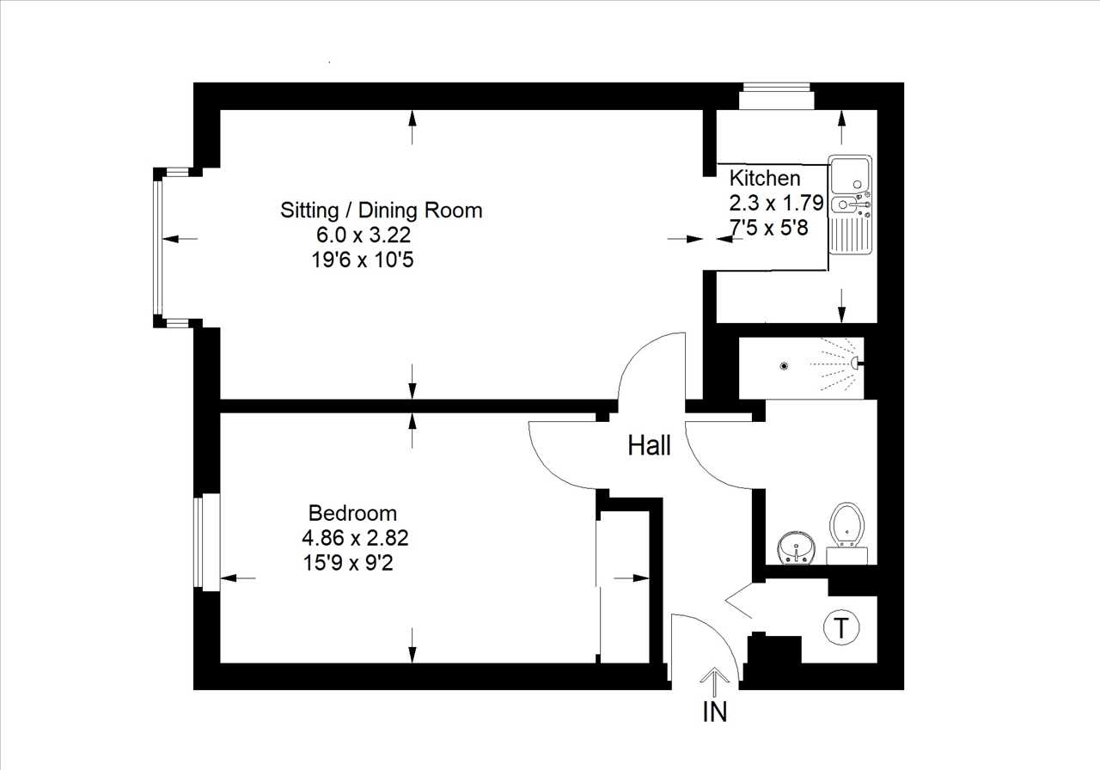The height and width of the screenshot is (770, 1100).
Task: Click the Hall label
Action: pos(649,445)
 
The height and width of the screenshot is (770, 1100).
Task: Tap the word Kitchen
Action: pos(765,178)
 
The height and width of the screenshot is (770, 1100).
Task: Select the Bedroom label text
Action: pos(352,513)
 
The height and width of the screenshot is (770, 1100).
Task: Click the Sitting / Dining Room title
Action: pos(381,211)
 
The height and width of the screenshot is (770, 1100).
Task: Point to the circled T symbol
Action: pos(841,627)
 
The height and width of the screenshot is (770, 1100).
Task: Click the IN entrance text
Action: pos(714,712)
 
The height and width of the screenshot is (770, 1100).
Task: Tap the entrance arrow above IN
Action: pos(714,681)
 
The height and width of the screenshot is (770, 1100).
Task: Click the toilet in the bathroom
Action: pos(846,533)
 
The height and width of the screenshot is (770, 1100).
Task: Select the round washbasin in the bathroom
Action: pos(797,548)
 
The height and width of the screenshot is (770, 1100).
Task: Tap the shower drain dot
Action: pos(785,365)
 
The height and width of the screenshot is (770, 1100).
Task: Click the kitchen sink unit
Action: pos(851,205)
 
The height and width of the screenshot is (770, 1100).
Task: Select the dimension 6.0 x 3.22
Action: pos(364,235)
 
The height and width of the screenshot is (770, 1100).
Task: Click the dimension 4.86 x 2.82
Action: pos(355,538)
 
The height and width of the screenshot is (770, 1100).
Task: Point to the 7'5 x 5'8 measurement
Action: pos(769,228)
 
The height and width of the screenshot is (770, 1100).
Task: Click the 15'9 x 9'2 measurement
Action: pos(348,563)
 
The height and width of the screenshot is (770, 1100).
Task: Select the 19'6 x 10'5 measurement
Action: pos(363,260)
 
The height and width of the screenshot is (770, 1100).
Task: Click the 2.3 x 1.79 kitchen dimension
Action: pos(776,203)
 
